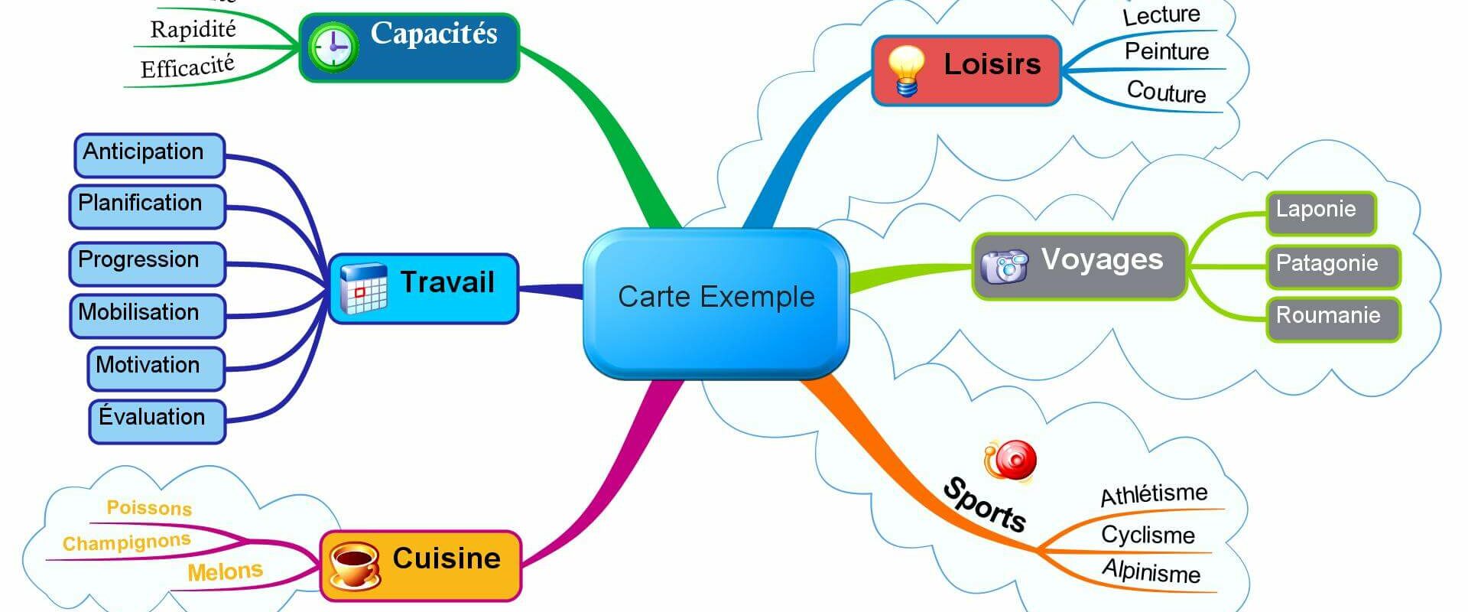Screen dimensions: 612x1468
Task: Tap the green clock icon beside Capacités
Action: point(333,47)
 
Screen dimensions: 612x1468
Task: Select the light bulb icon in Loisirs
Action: point(907,70)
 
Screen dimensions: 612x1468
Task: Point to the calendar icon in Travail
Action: point(363,288)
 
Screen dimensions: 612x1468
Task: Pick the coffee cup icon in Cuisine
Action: point(353,565)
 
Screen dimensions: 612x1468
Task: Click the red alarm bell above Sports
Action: point(1011,461)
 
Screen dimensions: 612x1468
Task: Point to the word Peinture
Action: point(1166,52)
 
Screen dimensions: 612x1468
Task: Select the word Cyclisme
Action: point(1147,535)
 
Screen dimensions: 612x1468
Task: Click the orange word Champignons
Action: point(126,542)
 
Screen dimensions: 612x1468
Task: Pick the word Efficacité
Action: point(187,67)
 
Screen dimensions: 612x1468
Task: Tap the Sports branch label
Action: point(984,505)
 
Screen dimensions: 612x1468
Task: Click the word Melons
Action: point(225,571)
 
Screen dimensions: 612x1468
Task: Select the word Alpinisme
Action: point(1151,571)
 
